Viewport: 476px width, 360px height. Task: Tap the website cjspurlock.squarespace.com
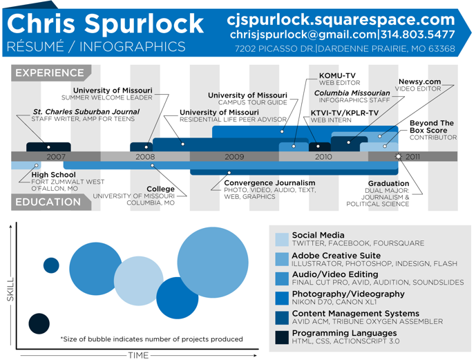341,19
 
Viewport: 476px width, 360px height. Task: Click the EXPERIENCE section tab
49,73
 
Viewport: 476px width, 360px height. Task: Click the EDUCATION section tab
48,202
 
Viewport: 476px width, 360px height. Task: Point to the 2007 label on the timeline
56,157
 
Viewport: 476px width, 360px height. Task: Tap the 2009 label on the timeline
234,157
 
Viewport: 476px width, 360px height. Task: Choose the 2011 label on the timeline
412,157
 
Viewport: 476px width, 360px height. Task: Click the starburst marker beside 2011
398,157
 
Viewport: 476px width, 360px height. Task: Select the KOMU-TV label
337,75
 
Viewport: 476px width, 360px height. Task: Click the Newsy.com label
419,82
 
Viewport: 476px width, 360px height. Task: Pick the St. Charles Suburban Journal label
86,111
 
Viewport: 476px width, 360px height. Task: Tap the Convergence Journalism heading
269,183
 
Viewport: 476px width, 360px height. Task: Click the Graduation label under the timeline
388,184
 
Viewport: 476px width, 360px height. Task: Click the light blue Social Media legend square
282,239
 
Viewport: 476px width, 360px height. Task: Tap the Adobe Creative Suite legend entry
336,256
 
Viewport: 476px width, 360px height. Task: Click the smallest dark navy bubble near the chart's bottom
39,323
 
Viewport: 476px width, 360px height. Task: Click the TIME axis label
138,355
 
